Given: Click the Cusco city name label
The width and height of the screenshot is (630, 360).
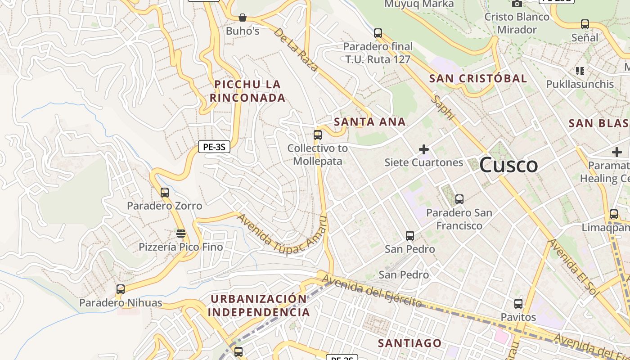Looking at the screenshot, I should (x=508, y=165).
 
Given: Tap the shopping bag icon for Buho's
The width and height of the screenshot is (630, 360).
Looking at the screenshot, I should (x=243, y=18).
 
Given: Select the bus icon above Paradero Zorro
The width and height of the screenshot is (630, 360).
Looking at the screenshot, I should (x=165, y=193).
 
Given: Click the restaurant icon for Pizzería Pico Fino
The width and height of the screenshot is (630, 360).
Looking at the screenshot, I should (x=181, y=234).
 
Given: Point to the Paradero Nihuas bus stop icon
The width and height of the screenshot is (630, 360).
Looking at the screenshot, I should (x=120, y=289).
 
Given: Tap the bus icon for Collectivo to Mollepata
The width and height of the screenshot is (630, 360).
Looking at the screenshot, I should (x=318, y=135).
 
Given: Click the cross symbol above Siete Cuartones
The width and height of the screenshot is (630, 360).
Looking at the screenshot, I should (x=423, y=149).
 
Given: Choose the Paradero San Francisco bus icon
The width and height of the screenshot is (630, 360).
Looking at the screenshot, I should (x=459, y=199).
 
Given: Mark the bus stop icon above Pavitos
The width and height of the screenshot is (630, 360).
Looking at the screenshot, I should (x=518, y=304).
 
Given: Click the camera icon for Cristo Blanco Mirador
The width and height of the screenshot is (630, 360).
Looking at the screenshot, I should (x=517, y=4).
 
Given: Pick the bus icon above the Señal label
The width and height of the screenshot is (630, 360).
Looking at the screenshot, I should (x=585, y=24).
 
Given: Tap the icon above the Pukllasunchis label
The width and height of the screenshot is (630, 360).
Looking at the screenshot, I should (x=580, y=71).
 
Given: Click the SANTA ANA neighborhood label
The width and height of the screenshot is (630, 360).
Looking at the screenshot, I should (x=370, y=122).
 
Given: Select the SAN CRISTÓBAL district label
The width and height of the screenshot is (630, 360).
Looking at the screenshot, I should (x=478, y=78).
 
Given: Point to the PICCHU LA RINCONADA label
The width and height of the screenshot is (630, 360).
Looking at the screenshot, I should (x=247, y=91).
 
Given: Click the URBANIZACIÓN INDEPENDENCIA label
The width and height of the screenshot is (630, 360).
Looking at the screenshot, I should (x=259, y=306).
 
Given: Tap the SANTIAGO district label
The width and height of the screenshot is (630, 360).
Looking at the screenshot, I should (x=409, y=343).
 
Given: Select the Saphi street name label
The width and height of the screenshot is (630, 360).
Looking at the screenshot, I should (x=443, y=107).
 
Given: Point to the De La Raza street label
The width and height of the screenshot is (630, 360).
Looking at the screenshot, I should (x=296, y=50).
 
